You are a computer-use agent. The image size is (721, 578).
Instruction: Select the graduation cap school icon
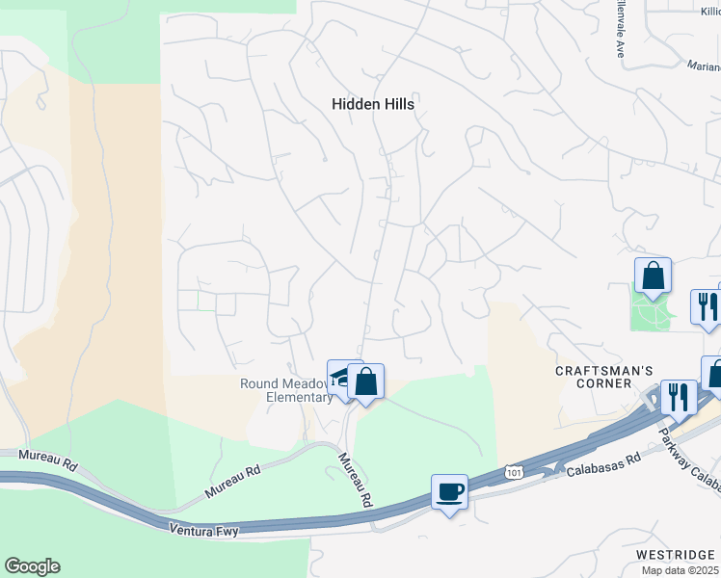tap(341, 377)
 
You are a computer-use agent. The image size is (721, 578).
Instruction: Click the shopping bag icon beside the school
tap(366, 382)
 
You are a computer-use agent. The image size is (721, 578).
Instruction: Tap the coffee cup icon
tap(449, 492)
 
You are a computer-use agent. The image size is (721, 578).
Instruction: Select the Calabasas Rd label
tap(603, 465)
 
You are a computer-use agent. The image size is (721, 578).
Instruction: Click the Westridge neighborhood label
tap(674, 555)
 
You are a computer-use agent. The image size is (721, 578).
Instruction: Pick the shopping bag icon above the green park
tap(653, 276)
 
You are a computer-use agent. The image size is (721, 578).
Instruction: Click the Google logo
tap(32, 566)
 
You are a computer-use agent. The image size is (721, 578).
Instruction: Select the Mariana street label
tap(704, 66)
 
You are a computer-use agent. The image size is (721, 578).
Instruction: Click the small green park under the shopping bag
tap(651, 310)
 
